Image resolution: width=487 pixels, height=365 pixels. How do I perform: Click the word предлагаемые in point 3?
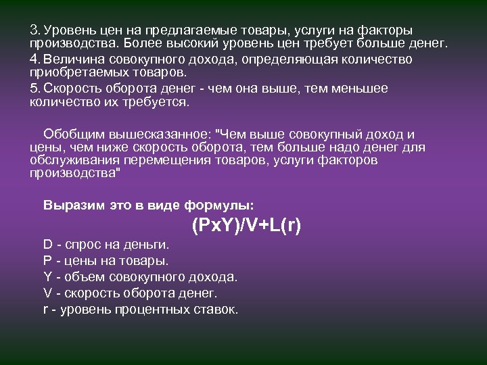click(181, 30)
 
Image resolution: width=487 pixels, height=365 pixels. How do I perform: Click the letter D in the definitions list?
click(47, 243)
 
